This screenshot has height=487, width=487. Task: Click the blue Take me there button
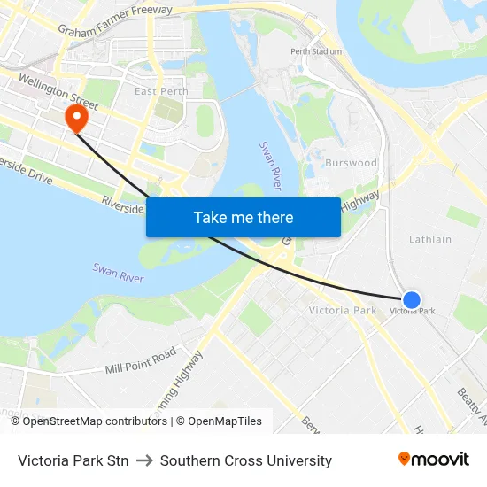click(x=243, y=217)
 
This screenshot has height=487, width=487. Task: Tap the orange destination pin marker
click(x=77, y=119)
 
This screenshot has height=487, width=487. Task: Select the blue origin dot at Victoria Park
click(x=412, y=300)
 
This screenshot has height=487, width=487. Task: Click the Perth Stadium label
click(x=316, y=51)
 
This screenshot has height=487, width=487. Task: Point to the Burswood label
click(x=351, y=163)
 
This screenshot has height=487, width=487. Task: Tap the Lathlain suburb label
click(x=430, y=239)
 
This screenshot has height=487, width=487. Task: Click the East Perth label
click(x=161, y=91)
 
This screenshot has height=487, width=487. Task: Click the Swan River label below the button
click(x=118, y=273)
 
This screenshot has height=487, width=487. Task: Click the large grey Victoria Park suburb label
click(x=342, y=311)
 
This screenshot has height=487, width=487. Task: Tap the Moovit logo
click(x=434, y=460)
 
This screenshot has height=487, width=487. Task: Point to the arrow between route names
click(x=144, y=460)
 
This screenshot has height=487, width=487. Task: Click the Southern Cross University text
click(x=246, y=460)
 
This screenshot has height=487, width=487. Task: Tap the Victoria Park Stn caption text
click(x=73, y=460)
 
